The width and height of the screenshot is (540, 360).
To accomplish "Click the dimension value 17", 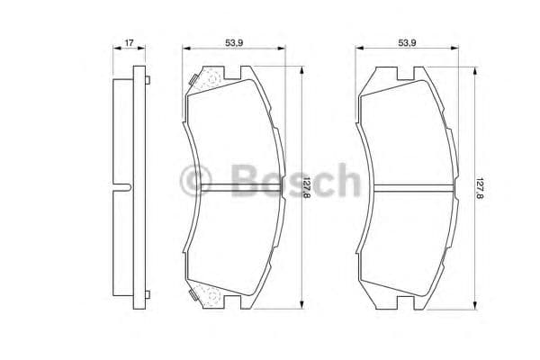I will point(130,41).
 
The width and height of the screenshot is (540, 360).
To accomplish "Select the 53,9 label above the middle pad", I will point(237,41).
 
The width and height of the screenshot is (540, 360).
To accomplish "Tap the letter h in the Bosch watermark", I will point(345,180).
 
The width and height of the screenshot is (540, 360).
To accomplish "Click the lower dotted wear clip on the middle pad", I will point(206,294).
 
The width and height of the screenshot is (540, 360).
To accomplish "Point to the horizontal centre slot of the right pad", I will point(410,188).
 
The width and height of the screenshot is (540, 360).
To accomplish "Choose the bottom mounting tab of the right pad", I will point(409,305).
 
